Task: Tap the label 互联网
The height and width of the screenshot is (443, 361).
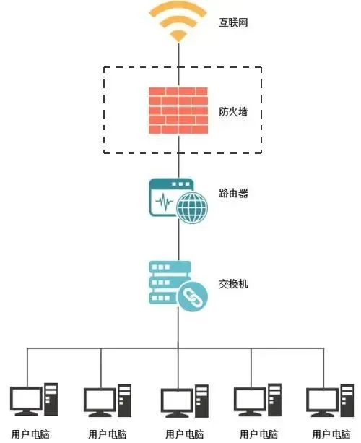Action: (x=234, y=22)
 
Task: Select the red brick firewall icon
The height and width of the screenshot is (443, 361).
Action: (x=178, y=111)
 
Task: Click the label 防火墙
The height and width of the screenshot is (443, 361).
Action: (x=234, y=111)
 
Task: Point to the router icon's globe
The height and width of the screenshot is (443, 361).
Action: (x=192, y=207)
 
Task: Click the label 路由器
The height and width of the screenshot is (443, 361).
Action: (x=234, y=193)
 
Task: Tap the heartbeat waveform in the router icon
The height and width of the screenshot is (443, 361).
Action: (x=165, y=202)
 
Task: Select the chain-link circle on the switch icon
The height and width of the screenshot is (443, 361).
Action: (x=193, y=296)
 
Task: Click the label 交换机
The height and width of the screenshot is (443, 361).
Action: (x=234, y=284)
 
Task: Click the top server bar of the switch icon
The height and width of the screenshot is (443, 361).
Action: (x=170, y=267)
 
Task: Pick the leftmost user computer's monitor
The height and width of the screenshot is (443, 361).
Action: (x=26, y=401)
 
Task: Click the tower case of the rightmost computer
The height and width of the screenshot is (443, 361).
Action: (x=347, y=400)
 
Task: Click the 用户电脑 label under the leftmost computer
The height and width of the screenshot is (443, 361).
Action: (x=30, y=434)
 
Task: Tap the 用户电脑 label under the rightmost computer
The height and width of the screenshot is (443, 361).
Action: (x=331, y=434)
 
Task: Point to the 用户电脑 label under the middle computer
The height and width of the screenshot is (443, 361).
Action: (x=185, y=434)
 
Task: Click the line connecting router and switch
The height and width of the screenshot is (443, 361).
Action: (x=178, y=241)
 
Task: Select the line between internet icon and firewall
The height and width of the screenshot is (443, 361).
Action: (x=178, y=64)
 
